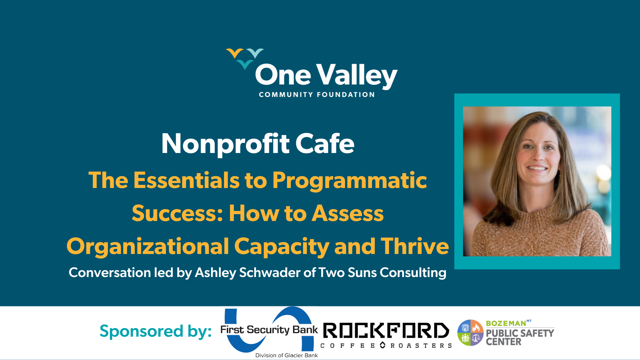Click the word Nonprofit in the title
(225, 144)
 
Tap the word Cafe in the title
(325, 144)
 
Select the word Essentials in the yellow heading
(186, 180)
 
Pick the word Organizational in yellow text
(148, 246)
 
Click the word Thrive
(415, 246)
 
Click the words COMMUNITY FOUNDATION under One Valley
(317, 95)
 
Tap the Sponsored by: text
(156, 331)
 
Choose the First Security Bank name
(269, 330)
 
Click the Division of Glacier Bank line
(286, 355)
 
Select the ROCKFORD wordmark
(386, 331)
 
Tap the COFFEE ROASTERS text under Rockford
(386, 346)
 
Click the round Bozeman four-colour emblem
(470, 333)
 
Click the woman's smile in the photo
(537, 168)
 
